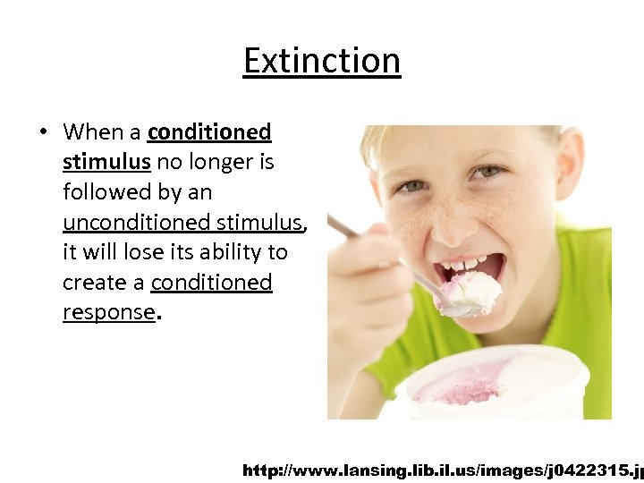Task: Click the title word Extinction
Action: (322, 61)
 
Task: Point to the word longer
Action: (235, 163)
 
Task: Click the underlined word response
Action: (108, 312)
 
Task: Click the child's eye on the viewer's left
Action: (411, 185)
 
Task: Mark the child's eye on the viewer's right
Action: (489, 171)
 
